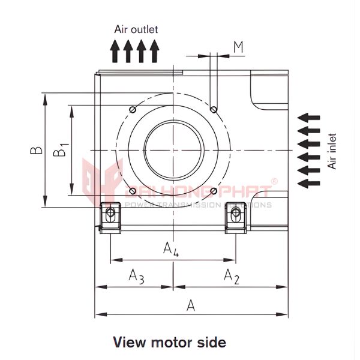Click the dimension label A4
click(171, 248)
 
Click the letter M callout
click(238, 47)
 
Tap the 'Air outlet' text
click(136, 28)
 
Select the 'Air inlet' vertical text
click(332, 151)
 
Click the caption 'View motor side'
click(170, 343)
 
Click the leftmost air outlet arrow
click(115, 50)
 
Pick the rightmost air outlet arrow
click(155, 50)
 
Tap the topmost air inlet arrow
click(309, 117)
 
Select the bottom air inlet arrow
click(309, 183)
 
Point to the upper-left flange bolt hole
click(132, 109)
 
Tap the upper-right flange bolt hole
click(214, 109)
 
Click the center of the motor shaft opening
click(173, 149)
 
